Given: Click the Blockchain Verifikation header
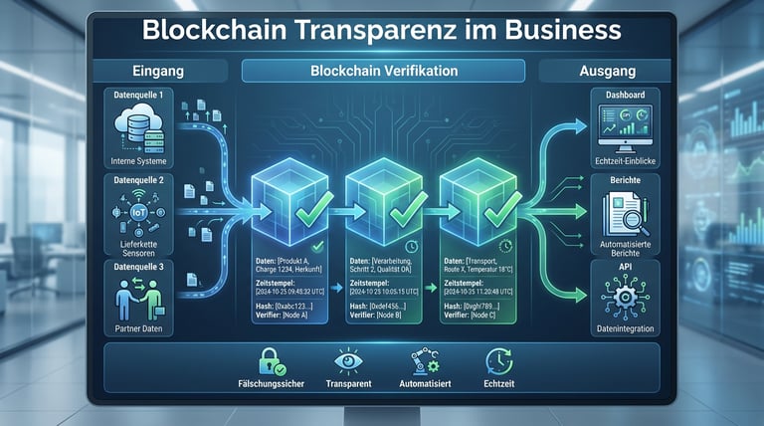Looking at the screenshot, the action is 384,72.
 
